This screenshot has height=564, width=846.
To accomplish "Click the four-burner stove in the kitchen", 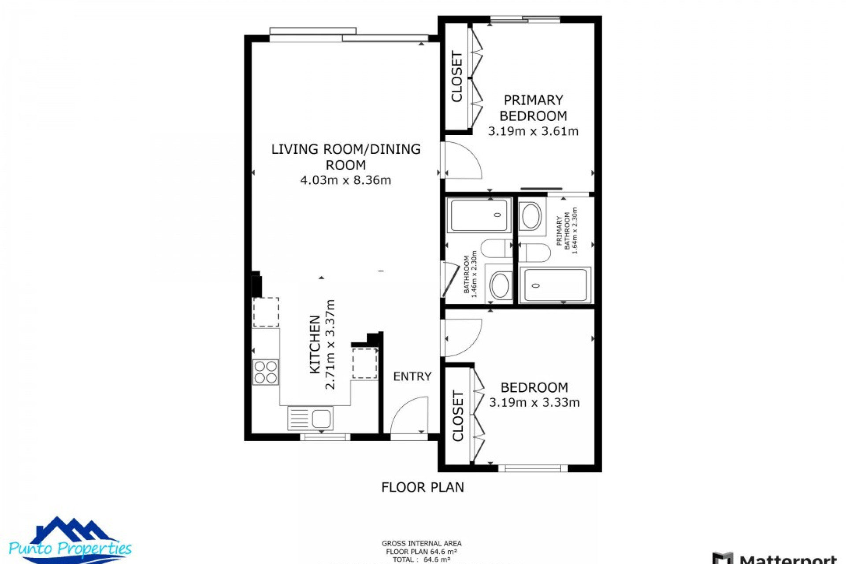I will click(265, 372).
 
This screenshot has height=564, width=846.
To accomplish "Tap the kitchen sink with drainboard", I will click(310, 418).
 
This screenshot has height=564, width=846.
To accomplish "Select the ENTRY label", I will click(412, 376).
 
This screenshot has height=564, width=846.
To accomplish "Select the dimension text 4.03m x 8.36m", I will click(345, 180).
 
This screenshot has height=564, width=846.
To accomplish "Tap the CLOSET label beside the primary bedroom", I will click(457, 77).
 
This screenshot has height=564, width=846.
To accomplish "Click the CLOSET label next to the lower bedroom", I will click(458, 416).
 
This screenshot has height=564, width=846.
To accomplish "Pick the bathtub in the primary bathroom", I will click(555, 285).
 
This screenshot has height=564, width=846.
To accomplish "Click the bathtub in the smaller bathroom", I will click(479, 215).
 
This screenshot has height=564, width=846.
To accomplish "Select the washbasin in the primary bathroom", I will click(531, 216).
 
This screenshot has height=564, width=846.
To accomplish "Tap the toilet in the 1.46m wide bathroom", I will click(497, 249).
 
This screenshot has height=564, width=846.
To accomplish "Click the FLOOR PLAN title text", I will click(423, 487).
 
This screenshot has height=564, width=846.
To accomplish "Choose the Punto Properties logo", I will click(70, 540).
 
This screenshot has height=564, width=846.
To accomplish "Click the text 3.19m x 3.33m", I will click(534, 403).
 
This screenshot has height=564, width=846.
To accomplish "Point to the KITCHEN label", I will click(315, 345).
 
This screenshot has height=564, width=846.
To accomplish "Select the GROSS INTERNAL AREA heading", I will click(421, 544).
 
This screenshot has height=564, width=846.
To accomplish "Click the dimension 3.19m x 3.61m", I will click(533, 131).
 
